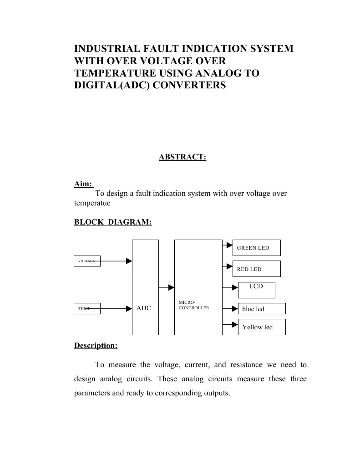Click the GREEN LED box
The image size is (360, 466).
pos(256,248)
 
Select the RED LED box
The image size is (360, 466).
pos(256,269)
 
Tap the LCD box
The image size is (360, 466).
pos(256,290)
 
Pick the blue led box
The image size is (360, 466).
pos(262,309)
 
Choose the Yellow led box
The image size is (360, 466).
pos(262,327)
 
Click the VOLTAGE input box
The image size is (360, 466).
pos(87,261)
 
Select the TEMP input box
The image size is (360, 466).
pos(87,309)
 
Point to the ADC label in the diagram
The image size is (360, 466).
pos(144,308)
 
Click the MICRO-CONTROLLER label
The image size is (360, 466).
pos(194,305)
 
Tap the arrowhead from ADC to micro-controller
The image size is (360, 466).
pos(172,287)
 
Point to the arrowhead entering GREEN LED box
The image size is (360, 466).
pos(230,245)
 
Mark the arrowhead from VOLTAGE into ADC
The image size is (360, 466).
pos(129,261)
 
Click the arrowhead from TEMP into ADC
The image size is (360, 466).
pos(129,309)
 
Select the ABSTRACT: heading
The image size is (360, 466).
pos(183,157)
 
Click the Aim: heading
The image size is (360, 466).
pos(83,184)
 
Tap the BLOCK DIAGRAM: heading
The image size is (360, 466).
pos(113,222)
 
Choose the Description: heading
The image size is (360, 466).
pos(96,346)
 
